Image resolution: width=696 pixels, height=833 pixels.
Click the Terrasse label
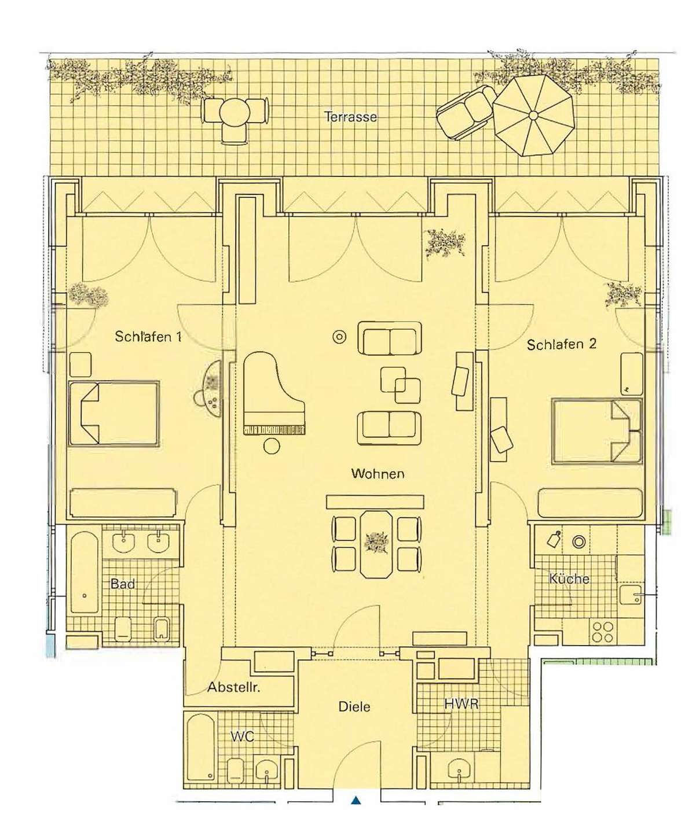click(x=350, y=116)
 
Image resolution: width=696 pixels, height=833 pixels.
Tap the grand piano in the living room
click(x=274, y=393)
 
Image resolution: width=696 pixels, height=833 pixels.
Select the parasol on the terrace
click(x=533, y=115)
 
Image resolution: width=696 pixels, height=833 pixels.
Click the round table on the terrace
click(x=235, y=112)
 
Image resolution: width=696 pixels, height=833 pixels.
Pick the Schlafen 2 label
click(x=562, y=344)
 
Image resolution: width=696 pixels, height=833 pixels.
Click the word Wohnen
click(x=378, y=474)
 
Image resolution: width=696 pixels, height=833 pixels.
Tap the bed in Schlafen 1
click(x=114, y=413)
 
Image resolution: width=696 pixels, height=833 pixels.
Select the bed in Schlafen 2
click(x=598, y=431)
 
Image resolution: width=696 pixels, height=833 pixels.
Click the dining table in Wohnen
click(x=376, y=544)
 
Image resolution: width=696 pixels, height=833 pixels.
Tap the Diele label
click(x=354, y=706)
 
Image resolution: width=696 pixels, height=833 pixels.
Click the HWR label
click(x=461, y=704)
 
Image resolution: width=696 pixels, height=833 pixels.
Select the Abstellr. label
click(x=233, y=687)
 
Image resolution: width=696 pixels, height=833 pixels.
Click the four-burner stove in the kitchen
click(x=603, y=632)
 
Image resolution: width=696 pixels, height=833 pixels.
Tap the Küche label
click(x=569, y=578)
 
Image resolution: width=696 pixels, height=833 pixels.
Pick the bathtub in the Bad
click(x=85, y=573)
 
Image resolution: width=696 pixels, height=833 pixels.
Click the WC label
click(x=242, y=736)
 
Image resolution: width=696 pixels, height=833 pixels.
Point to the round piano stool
click(x=272, y=445)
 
